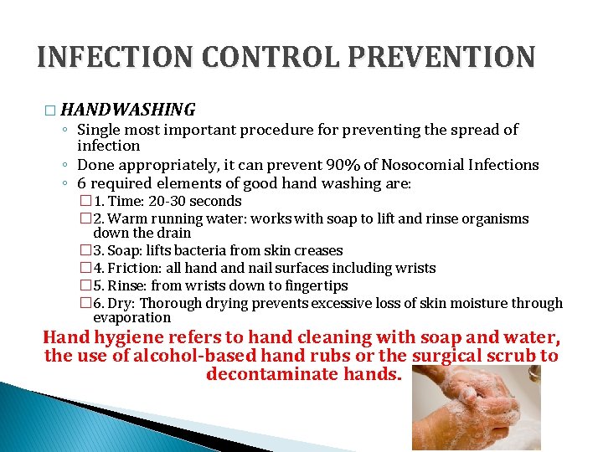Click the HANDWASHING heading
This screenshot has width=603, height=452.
pos(128,109)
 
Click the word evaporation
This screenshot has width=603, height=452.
pos(131,317)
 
